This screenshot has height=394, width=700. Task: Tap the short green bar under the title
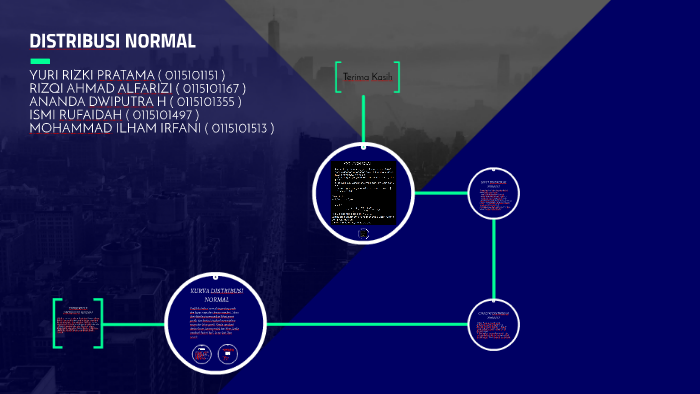point(40,61)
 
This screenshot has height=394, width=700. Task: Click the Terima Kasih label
point(368,77)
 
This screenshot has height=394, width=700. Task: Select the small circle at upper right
point(495,192)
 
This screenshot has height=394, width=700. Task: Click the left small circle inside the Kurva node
point(202,354)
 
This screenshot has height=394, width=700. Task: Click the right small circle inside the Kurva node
point(228,354)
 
